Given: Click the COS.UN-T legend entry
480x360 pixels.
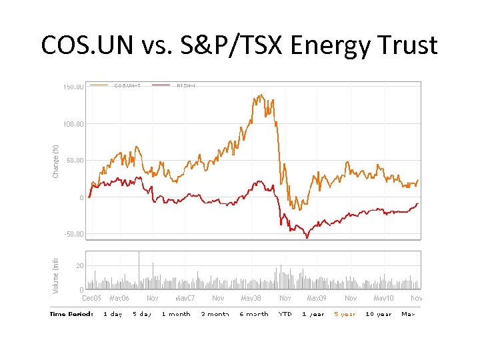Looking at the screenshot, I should [x=127, y=85].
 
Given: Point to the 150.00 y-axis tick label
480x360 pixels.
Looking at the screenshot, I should [x=73, y=87].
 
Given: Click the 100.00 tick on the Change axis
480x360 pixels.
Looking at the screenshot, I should [x=73, y=124].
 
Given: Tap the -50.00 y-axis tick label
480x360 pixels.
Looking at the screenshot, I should [x=73, y=234].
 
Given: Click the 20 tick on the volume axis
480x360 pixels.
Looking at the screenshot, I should [x=79, y=266].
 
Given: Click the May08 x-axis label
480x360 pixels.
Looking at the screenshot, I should [x=251, y=298].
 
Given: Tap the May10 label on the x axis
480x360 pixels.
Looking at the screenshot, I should [x=384, y=298].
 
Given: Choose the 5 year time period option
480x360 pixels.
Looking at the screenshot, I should [x=345, y=314].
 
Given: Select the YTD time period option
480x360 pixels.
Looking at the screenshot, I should [x=285, y=314].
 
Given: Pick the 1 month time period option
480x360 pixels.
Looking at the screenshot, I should [x=176, y=314].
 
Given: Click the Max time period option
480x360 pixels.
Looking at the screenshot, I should [x=408, y=314].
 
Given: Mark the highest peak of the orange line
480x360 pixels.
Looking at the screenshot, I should [x=261, y=95].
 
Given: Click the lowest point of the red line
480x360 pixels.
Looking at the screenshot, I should [x=307, y=238].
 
